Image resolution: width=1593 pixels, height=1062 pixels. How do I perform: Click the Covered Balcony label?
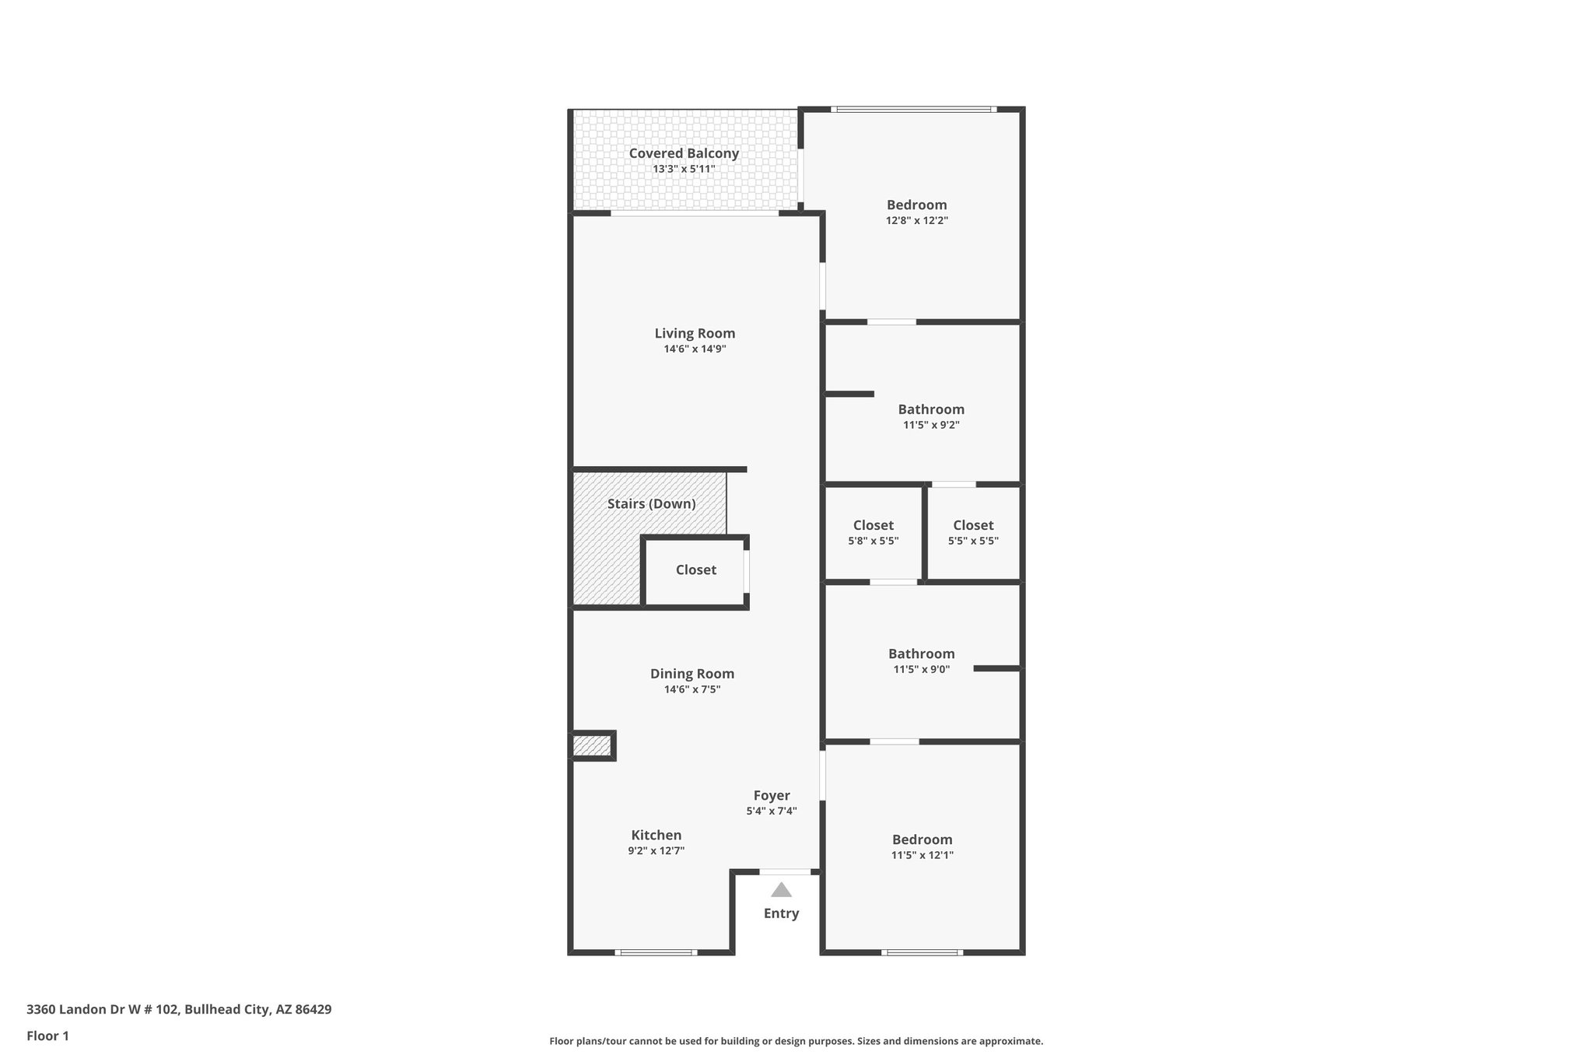tap(684, 153)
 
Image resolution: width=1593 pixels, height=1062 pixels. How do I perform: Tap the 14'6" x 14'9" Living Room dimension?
tap(695, 349)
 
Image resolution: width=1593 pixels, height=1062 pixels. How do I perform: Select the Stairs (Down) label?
tap(651, 503)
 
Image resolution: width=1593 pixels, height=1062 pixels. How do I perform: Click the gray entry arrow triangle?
tap(781, 890)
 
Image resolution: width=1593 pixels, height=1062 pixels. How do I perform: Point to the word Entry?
tap(781, 913)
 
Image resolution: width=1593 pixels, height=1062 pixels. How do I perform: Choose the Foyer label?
tap(771, 795)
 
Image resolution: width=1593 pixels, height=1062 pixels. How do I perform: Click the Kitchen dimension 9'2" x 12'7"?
tap(656, 851)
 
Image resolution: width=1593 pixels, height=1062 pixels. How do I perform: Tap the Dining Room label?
tap(691, 674)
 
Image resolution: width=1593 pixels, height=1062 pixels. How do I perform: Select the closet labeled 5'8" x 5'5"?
tap(873, 533)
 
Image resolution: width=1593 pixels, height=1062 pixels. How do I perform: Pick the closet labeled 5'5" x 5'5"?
tap(972, 533)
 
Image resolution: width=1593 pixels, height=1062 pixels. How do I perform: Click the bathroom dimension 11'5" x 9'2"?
tap(930, 426)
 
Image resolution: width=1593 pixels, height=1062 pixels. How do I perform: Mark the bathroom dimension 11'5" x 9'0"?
tap(921, 669)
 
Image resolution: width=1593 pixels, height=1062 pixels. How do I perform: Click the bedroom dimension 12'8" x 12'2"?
tap(916, 221)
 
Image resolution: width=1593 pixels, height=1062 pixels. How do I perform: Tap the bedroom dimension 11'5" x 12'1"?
tap(922, 855)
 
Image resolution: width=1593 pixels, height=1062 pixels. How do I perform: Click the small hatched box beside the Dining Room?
tap(592, 746)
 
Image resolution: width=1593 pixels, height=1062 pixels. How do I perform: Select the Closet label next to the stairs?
tap(695, 570)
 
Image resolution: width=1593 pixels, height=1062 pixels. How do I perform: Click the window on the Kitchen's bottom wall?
tap(655, 952)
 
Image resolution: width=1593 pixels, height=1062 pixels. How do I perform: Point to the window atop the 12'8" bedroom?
tap(913, 110)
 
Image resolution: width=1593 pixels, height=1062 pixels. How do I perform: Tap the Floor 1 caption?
tap(47, 1036)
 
